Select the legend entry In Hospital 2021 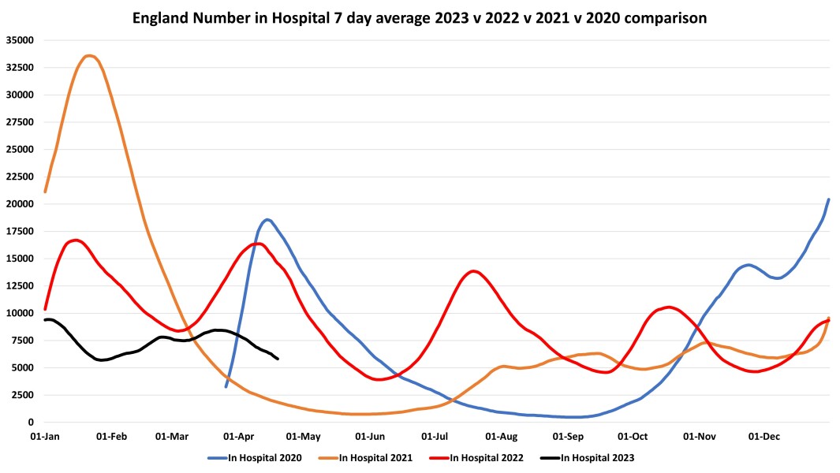pos(374,457)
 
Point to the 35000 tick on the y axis pos(19,40)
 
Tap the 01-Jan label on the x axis pos(45,436)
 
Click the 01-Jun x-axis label pos(370,436)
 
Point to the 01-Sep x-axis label pos(568,436)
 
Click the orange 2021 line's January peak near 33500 pos(89,56)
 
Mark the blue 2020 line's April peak pos(267,220)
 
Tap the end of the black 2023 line pos(278,359)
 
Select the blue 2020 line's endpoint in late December pos(828,199)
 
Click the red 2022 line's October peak pos(668,307)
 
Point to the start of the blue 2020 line pos(226,386)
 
